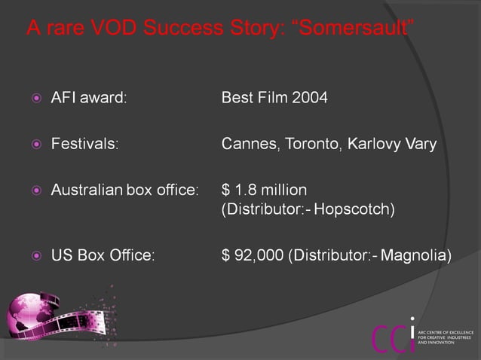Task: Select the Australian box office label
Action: [x=124, y=189]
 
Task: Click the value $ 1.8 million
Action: [x=264, y=189]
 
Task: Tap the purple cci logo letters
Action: [x=392, y=335]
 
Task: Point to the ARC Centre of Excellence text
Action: [x=446, y=337]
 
